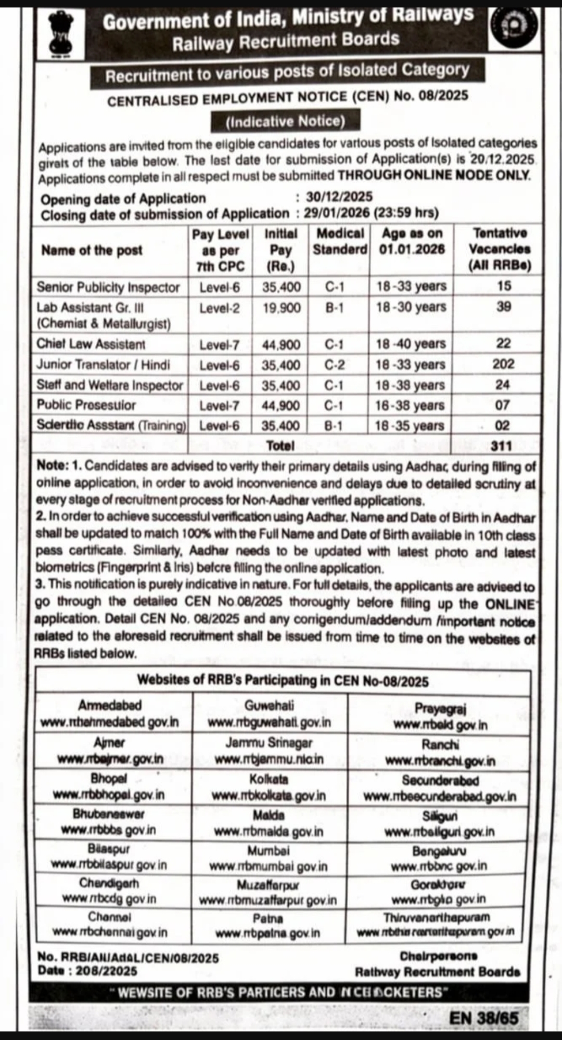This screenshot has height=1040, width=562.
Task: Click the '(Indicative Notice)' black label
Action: [285, 122]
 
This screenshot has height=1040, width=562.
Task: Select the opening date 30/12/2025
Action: [339, 197]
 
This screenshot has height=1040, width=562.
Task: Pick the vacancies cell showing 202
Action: [503, 364]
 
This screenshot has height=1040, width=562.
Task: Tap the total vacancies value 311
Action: [501, 446]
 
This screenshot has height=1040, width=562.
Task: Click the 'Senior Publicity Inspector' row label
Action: [108, 287]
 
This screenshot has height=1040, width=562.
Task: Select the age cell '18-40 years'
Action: [411, 344]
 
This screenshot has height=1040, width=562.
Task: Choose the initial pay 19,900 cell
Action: [281, 308]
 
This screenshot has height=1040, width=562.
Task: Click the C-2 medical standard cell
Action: [334, 365]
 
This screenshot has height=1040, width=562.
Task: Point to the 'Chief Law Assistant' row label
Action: [91, 344]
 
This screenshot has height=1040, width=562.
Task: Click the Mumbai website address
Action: [269, 866]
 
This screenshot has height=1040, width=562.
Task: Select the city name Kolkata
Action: [269, 779]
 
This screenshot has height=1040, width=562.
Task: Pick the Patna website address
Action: [268, 933]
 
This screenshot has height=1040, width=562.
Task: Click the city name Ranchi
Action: [440, 745]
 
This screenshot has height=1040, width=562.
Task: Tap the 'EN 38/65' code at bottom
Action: [483, 1018]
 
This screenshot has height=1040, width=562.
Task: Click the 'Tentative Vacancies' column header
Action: [500, 249]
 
